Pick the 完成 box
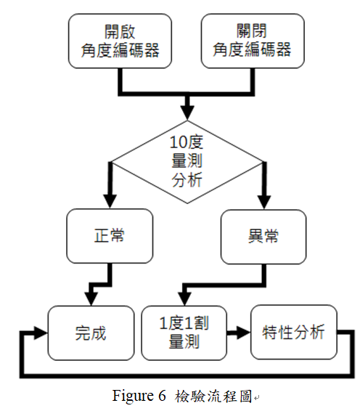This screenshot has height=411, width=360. pyautogui.click(x=91, y=333)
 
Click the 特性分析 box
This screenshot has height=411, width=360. pyautogui.click(x=293, y=333)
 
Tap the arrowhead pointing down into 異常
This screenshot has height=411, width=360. pyautogui.click(x=263, y=203)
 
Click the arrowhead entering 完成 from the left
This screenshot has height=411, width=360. pyautogui.click(x=41, y=333)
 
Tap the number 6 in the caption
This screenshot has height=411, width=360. pyautogui.click(x=162, y=396)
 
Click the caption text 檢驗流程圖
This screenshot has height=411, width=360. pyautogui.click(x=215, y=396)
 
